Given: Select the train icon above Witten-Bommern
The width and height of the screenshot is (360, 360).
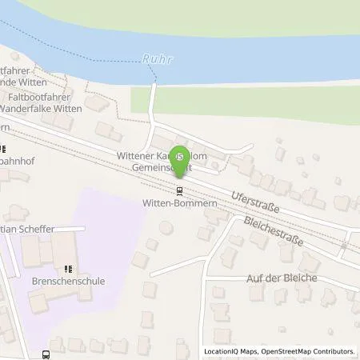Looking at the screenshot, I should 180,190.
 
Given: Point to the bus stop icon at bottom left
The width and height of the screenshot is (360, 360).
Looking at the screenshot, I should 46,353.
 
